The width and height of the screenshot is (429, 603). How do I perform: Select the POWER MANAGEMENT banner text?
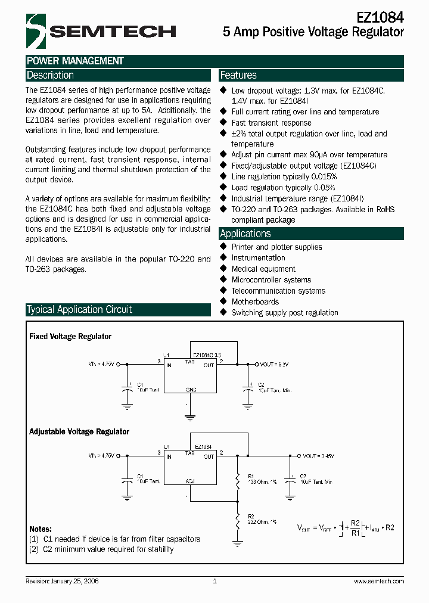[x=75, y=61]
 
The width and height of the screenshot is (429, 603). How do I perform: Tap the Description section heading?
[x=50, y=75]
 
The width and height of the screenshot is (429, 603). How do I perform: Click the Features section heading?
[x=238, y=75]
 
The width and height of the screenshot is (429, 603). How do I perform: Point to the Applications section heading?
[x=245, y=234]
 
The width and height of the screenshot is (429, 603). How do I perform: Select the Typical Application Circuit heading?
[x=79, y=309]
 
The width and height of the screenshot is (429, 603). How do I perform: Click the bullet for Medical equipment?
[x=224, y=269]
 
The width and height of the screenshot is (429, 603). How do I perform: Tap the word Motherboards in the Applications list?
[x=255, y=301]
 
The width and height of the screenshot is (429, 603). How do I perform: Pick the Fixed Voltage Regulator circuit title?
[x=70, y=337]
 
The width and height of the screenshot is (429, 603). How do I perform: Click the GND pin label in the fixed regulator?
[x=191, y=389]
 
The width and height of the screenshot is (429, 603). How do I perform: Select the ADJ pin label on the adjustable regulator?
[x=191, y=480]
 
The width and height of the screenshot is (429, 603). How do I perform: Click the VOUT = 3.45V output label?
[x=319, y=456]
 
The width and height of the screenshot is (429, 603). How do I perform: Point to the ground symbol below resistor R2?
[x=237, y=543]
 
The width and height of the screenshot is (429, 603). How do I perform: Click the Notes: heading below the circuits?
[x=41, y=529]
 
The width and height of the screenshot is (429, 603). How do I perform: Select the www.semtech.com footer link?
[x=379, y=581]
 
